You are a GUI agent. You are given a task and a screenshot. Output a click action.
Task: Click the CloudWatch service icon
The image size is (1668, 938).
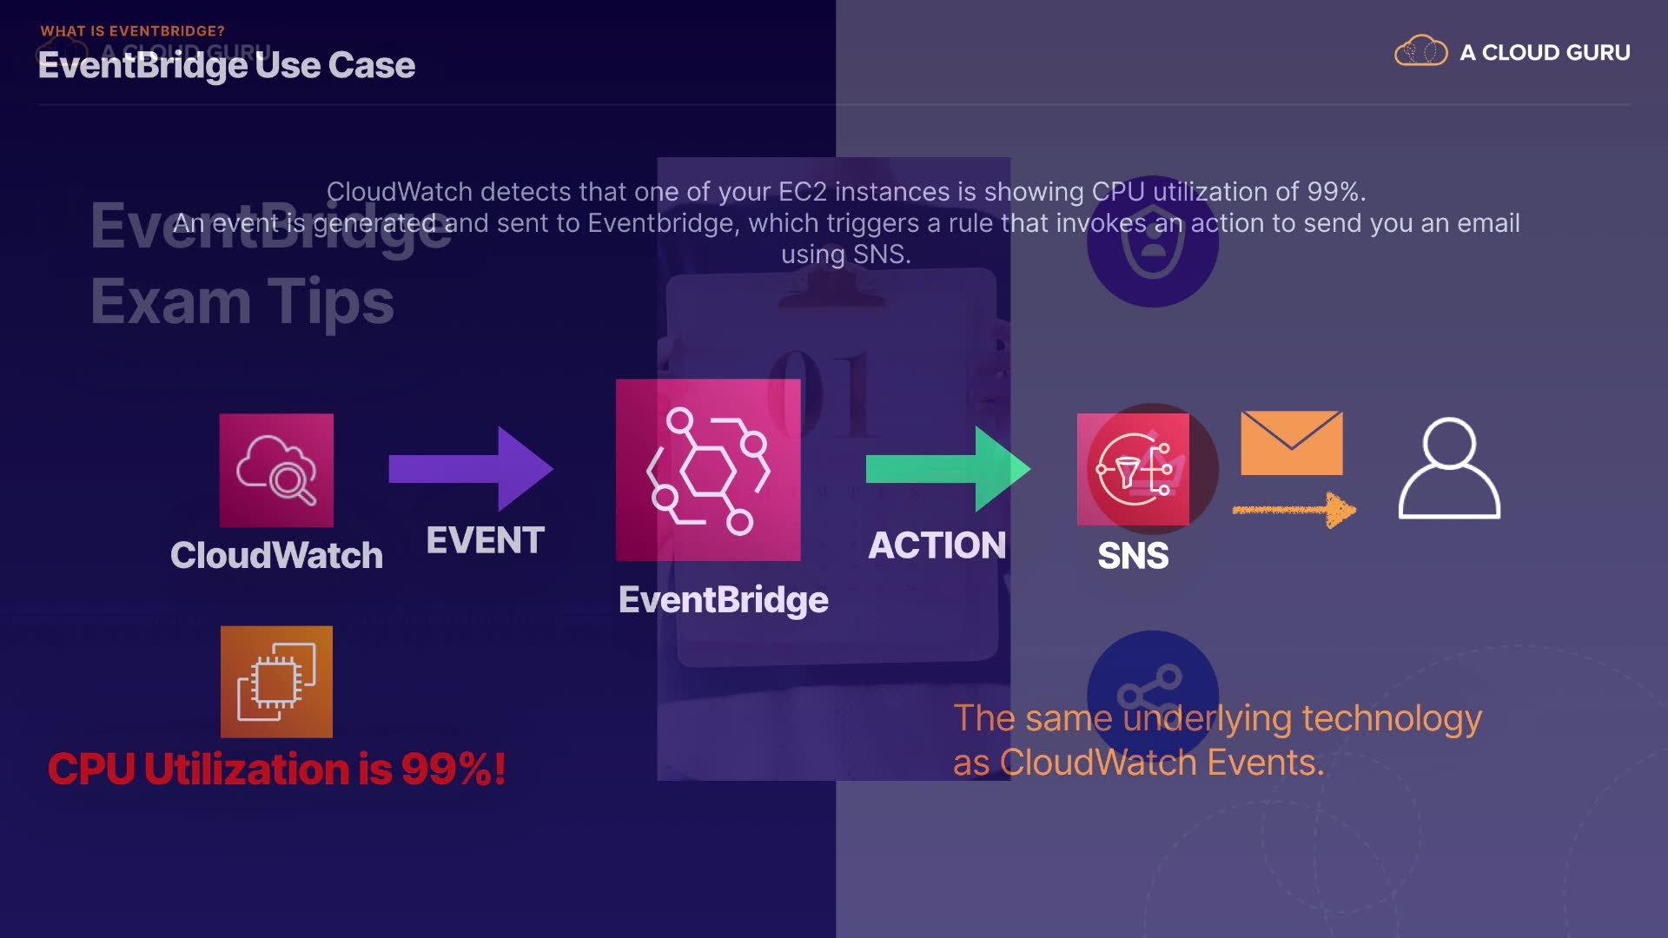pyautogui.click(x=276, y=470)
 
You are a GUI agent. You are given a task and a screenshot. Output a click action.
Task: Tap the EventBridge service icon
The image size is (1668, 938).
pyautogui.click(x=708, y=470)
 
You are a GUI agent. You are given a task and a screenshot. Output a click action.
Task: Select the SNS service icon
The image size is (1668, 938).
pyautogui.click(x=1133, y=469)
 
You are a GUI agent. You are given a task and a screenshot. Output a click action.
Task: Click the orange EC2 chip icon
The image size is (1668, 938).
pyautogui.click(x=276, y=682)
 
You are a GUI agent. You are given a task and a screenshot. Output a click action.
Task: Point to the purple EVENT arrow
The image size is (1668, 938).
pyautogui.click(x=470, y=469)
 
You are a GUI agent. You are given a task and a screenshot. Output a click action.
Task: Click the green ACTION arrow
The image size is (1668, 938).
pyautogui.click(x=948, y=469)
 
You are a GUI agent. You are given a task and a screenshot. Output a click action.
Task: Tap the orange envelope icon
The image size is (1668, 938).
pyautogui.click(x=1292, y=443)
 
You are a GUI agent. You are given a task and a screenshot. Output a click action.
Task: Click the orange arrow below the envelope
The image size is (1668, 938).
pyautogui.click(x=1294, y=510)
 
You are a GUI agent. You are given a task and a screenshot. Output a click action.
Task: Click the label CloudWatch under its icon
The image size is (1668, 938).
pyautogui.click(x=276, y=556)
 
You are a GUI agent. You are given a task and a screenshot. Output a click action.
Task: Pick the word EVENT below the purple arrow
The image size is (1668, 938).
pyautogui.click(x=485, y=541)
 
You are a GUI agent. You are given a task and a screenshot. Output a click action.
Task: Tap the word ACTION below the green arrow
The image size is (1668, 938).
pyautogui.click(x=937, y=546)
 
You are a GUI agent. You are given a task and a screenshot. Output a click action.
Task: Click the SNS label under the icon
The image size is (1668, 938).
pyautogui.click(x=1133, y=556)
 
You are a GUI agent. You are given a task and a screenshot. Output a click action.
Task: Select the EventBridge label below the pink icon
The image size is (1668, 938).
pyautogui.click(x=723, y=600)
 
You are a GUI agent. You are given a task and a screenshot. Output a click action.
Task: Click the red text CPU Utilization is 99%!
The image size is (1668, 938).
pyautogui.click(x=276, y=770)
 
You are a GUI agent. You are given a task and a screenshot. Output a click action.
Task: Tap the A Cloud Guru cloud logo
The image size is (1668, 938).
pyautogui.click(x=1420, y=52)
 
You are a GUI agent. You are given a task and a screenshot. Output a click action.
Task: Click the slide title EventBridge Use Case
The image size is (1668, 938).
pyautogui.click(x=227, y=66)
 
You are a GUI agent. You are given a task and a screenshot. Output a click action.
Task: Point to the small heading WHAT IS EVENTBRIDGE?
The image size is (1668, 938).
pyautogui.click(x=132, y=31)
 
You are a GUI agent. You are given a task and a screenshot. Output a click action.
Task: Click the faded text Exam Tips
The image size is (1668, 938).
pyautogui.click(x=242, y=302)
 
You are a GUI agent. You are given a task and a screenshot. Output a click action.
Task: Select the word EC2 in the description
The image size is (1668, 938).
pyautogui.click(x=802, y=192)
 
